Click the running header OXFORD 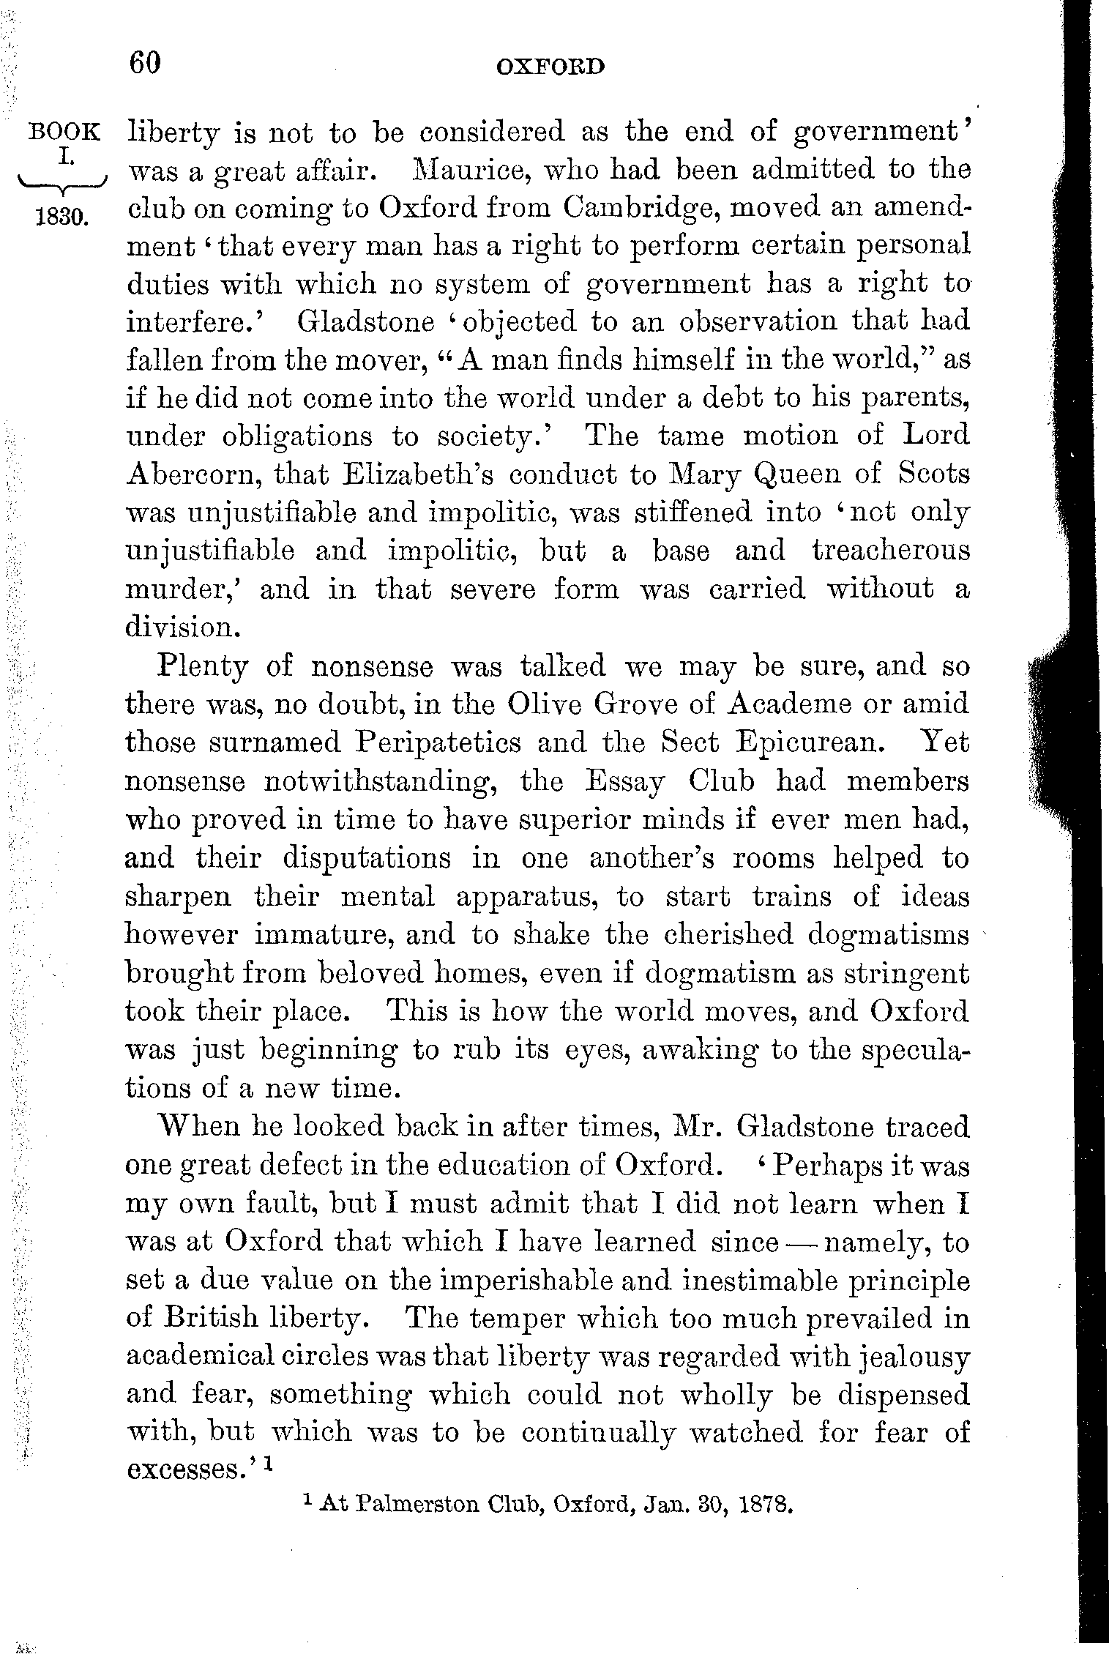click(x=550, y=67)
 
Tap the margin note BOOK click(x=64, y=133)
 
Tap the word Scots click(x=933, y=474)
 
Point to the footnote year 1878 click(x=766, y=1507)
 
